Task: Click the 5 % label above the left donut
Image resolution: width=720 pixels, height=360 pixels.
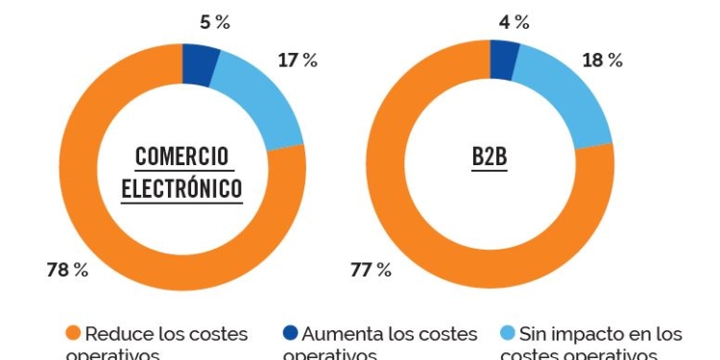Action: click(214, 22)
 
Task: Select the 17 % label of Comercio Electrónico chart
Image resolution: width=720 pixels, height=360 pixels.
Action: click(297, 60)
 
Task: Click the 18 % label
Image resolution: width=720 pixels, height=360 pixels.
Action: click(602, 60)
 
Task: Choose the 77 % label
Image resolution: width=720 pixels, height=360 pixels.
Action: click(371, 270)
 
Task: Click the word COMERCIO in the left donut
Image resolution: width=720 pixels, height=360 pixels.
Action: click(182, 156)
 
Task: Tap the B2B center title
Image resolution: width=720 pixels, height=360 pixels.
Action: click(490, 156)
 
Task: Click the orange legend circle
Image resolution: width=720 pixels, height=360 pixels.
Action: click(73, 334)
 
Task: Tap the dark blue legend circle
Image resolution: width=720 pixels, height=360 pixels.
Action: click(290, 334)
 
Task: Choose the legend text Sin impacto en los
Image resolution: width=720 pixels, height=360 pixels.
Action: click(601, 334)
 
